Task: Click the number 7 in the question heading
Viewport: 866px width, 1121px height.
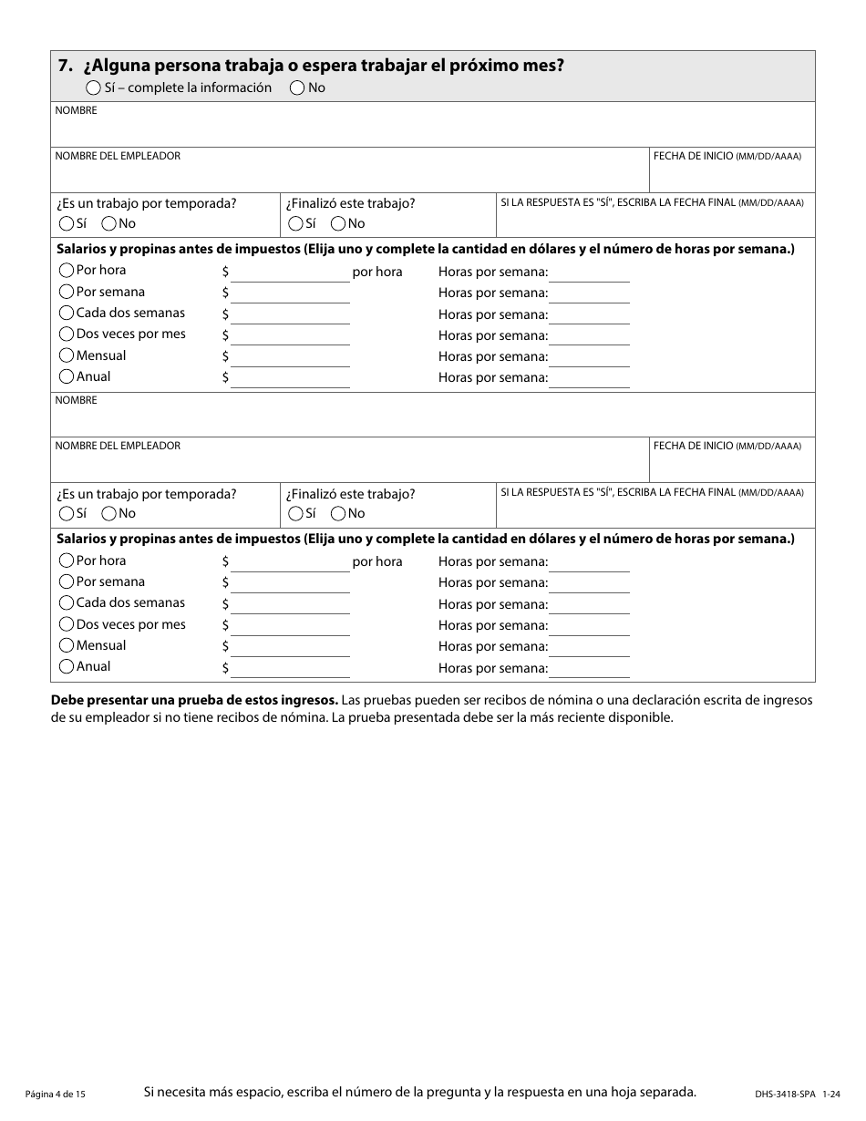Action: (63, 66)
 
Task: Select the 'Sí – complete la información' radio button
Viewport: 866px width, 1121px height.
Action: (93, 88)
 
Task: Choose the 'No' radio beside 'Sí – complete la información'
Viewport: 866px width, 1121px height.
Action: (297, 88)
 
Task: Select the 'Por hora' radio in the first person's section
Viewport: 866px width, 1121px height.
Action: (67, 271)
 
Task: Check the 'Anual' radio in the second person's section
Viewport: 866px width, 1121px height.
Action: (67, 667)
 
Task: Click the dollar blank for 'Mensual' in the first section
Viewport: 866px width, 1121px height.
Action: (290, 357)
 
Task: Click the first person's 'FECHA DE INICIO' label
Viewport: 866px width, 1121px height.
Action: (692, 157)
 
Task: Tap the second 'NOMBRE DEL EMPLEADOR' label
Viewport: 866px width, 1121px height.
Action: (118, 447)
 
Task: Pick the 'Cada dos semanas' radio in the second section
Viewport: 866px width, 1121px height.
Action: (67, 603)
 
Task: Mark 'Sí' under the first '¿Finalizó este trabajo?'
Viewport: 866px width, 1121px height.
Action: (295, 224)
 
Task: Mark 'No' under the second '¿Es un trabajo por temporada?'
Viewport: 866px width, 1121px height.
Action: (109, 514)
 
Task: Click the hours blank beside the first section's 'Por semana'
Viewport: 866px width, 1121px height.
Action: (589, 293)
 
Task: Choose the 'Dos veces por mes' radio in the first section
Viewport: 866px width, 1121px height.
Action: (67, 334)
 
